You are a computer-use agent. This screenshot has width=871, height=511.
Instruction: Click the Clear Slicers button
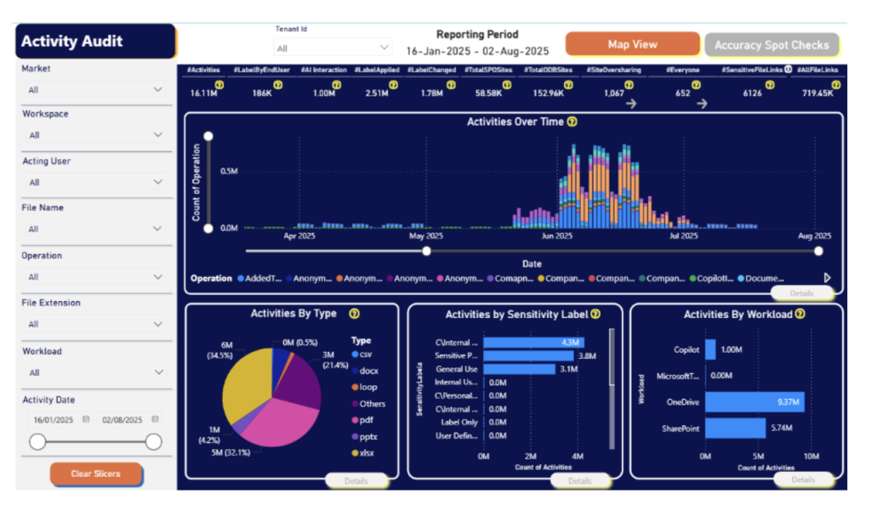point(95,474)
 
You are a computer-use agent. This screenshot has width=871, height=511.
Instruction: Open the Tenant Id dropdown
point(333,48)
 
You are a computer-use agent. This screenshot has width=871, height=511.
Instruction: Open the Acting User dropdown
point(93,182)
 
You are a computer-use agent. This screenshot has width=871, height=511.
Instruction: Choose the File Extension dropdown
point(93,324)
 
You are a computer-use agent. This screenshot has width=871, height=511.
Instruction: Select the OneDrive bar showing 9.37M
point(754,402)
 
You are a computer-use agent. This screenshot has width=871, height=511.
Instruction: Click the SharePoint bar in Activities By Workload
point(735,429)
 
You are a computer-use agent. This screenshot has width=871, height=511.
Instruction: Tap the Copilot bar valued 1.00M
point(710,349)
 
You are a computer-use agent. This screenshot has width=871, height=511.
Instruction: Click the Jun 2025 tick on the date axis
point(557,236)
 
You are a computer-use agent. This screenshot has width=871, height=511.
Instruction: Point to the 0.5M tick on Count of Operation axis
point(228,171)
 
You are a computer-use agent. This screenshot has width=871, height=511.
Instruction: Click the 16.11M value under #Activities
point(204,94)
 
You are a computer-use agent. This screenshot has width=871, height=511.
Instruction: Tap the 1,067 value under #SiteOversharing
point(614,94)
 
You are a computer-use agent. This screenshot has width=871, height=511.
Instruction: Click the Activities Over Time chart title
point(515,122)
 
